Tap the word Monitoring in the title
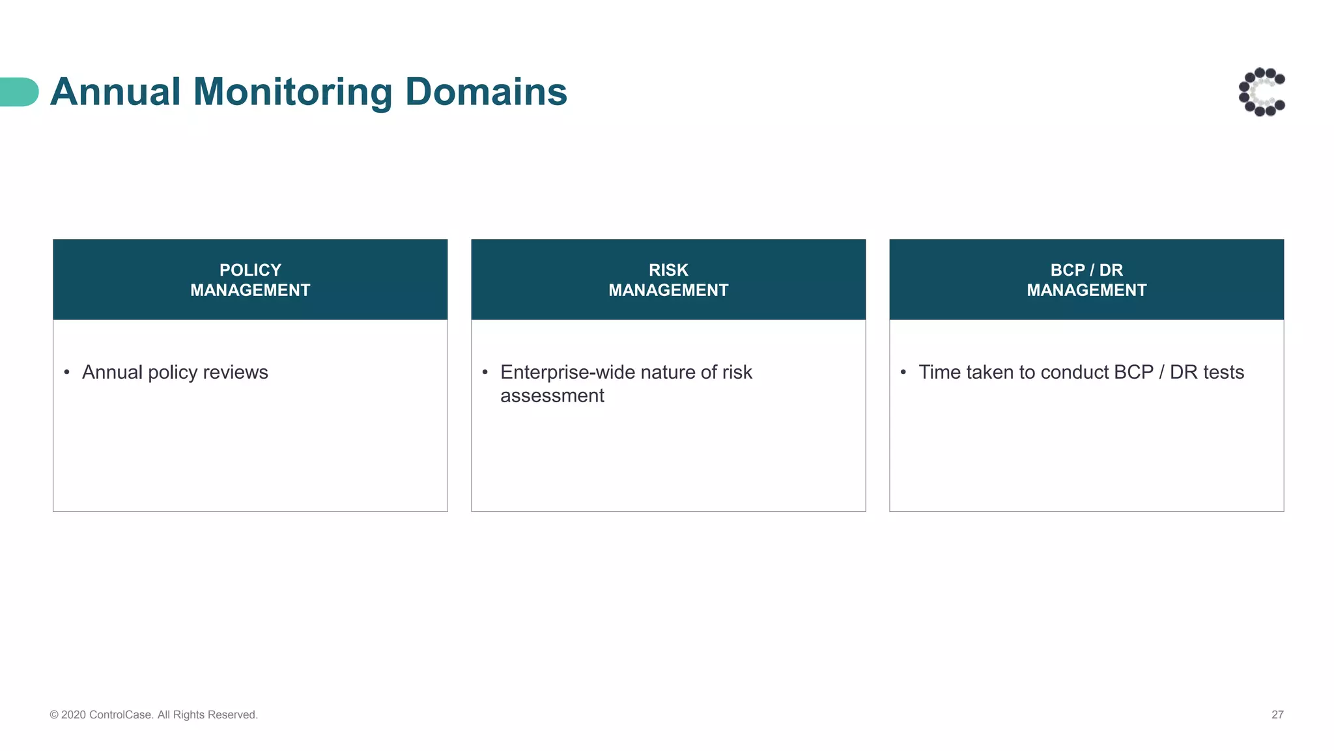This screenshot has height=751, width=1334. (x=292, y=91)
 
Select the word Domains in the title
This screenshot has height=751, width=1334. (x=486, y=91)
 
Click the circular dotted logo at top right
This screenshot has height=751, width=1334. (x=1262, y=92)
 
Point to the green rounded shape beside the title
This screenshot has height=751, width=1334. (x=18, y=92)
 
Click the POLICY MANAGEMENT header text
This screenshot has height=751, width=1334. (x=250, y=280)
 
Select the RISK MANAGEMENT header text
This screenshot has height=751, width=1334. (x=668, y=280)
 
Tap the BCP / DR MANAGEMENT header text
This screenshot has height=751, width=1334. (x=1086, y=280)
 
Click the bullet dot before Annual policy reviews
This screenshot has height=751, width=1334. (x=66, y=372)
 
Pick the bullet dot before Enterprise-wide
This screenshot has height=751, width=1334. (x=485, y=372)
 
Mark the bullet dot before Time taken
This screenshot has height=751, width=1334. (x=903, y=372)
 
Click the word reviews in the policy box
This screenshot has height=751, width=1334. (x=235, y=372)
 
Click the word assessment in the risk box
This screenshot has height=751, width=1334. (x=552, y=396)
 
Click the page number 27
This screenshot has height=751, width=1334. (x=1277, y=714)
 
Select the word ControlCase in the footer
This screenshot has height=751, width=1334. (x=121, y=714)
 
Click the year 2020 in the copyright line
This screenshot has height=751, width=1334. (x=74, y=714)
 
